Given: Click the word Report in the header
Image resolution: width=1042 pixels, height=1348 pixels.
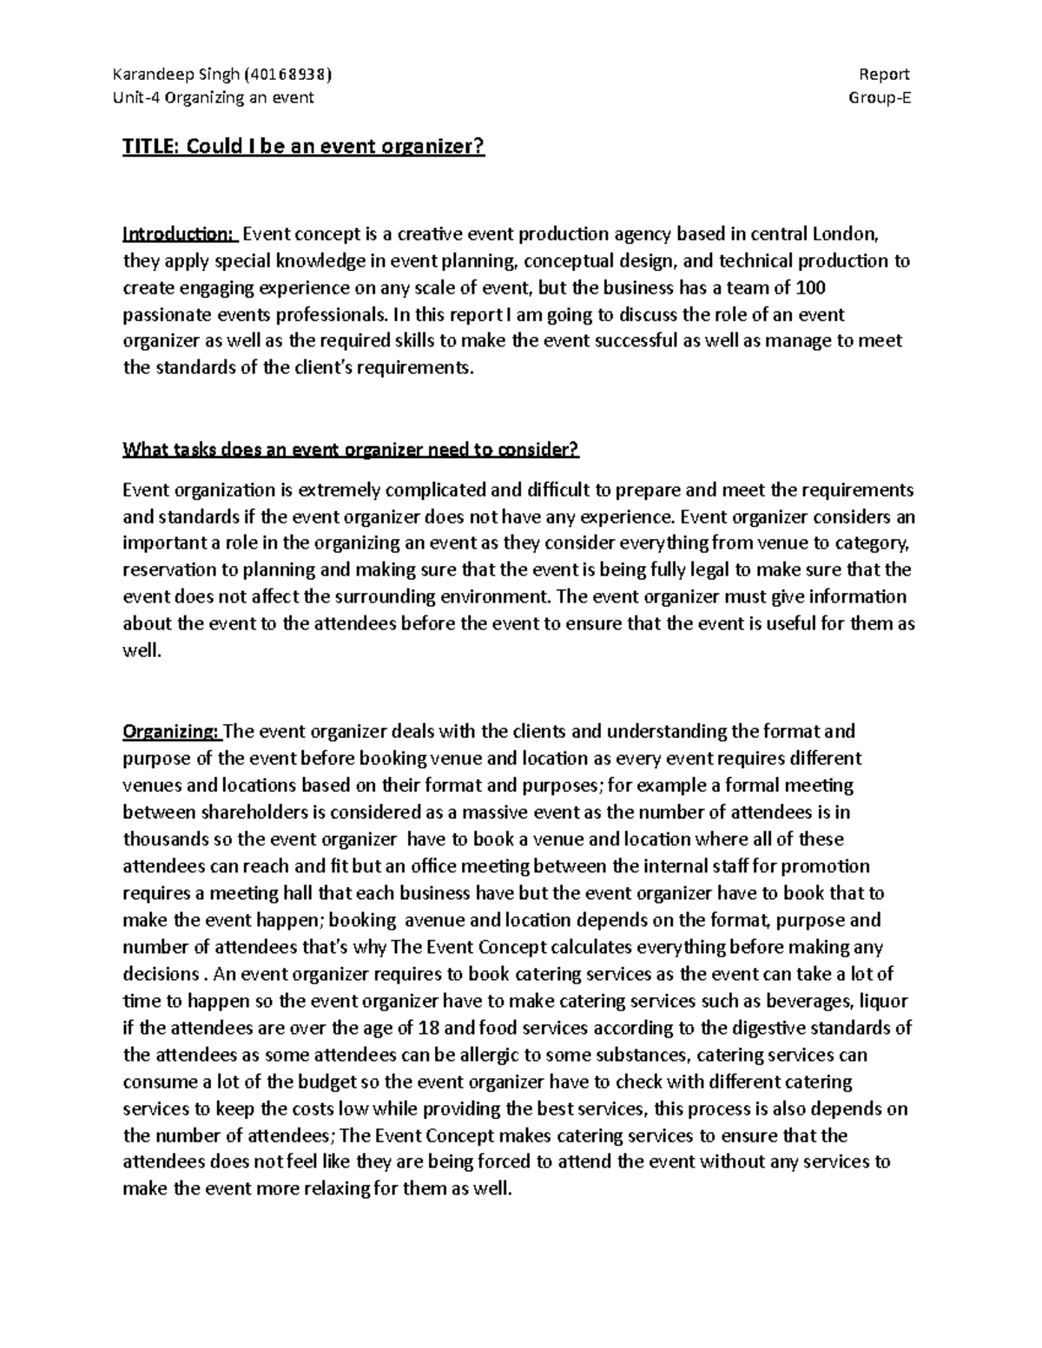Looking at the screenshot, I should click(x=884, y=75).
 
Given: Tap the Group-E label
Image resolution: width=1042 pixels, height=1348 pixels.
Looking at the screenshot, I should click(x=880, y=97).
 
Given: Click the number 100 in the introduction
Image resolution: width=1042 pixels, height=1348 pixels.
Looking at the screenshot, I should click(x=809, y=287).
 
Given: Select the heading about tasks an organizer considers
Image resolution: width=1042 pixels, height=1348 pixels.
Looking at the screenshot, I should click(x=351, y=450).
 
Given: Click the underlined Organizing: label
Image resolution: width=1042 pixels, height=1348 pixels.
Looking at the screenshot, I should click(x=173, y=731).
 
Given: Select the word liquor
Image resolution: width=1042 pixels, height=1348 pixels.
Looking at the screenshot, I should click(x=884, y=1001).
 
